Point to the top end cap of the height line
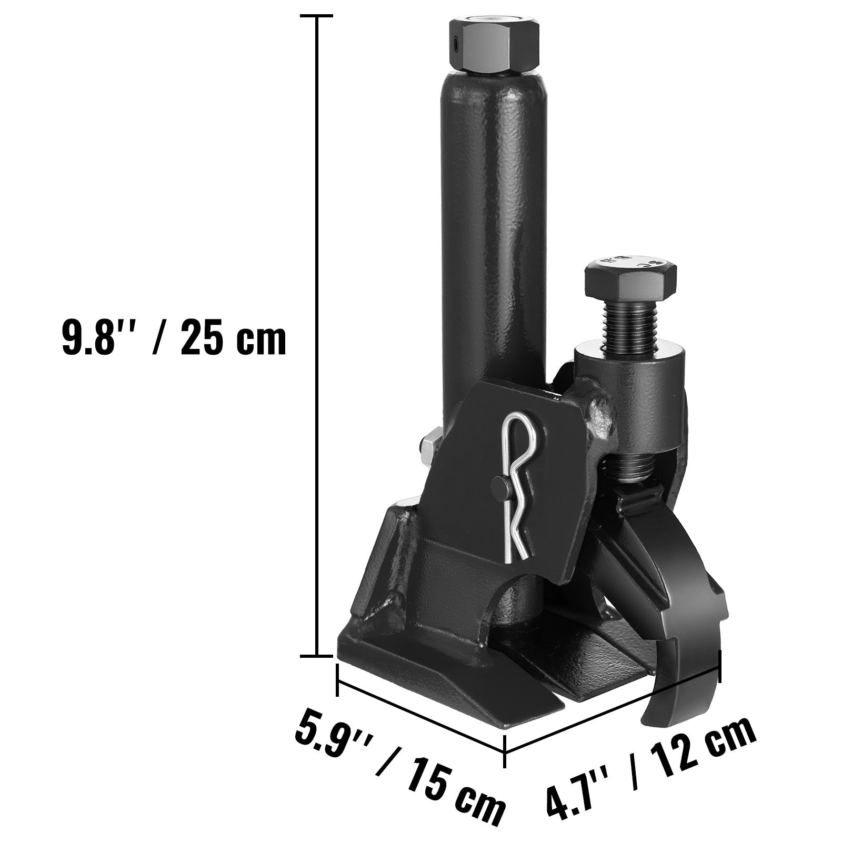316,17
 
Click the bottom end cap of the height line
316,656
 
